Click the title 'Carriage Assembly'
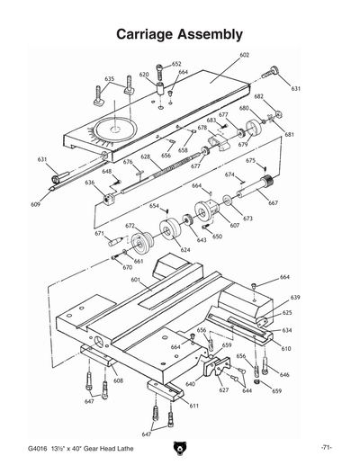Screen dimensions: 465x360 pyautogui.click(x=180, y=35)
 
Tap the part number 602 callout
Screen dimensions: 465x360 pyautogui.click(x=244, y=55)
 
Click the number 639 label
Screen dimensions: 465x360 pyautogui.click(x=295, y=297)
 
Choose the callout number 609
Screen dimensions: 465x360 pyautogui.click(x=35, y=204)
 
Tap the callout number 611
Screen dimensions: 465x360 pyautogui.click(x=193, y=406)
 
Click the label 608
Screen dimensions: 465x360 pyautogui.click(x=118, y=380)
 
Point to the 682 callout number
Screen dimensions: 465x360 pyautogui.click(x=258, y=96)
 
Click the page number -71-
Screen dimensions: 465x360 pyautogui.click(x=327, y=448)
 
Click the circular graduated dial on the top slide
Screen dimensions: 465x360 pyautogui.click(x=114, y=128)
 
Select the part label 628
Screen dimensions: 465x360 pyautogui.click(x=145, y=156)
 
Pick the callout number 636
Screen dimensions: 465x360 pyautogui.click(x=90, y=183)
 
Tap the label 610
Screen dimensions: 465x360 pyautogui.click(x=286, y=348)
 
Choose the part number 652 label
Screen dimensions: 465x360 pyautogui.click(x=177, y=64)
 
